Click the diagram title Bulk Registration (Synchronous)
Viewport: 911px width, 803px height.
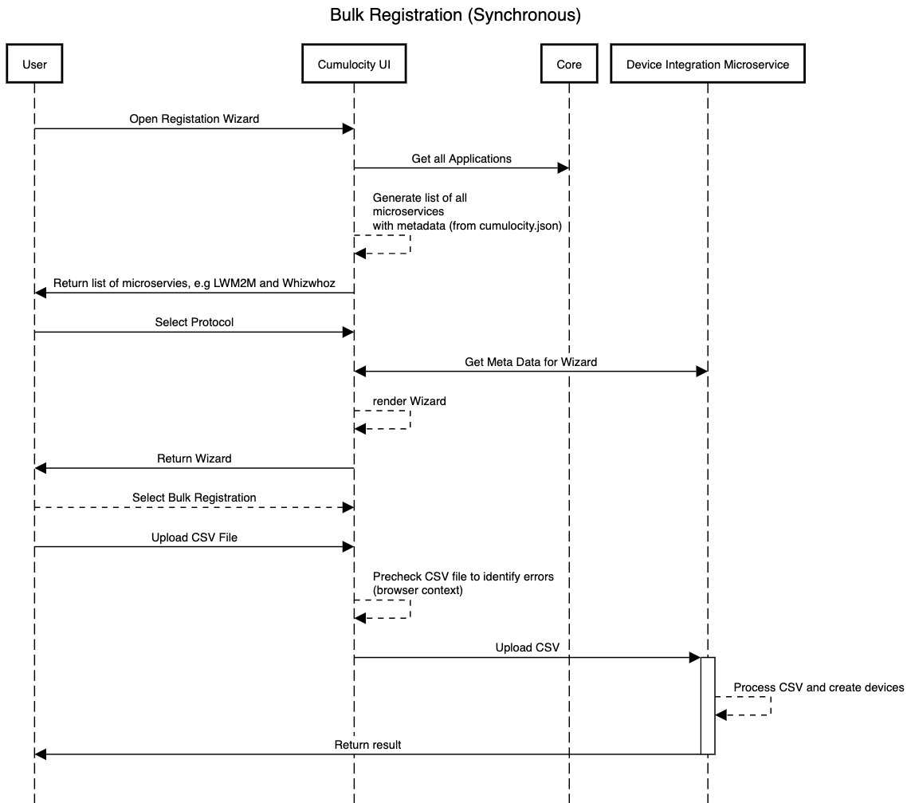(x=455, y=15)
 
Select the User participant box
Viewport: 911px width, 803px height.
(x=34, y=64)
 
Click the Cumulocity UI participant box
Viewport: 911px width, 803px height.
(x=354, y=64)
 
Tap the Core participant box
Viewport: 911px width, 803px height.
(x=569, y=64)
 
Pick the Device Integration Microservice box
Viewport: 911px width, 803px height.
(x=707, y=64)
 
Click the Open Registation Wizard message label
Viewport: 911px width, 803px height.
(x=194, y=119)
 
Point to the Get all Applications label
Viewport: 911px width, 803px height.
(x=461, y=159)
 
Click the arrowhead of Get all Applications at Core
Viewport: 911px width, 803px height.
(x=563, y=168)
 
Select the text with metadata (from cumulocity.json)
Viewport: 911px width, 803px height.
(x=467, y=226)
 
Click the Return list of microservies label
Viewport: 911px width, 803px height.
(x=194, y=283)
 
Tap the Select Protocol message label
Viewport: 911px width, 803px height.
(x=194, y=322)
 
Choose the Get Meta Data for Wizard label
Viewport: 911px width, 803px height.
(x=531, y=361)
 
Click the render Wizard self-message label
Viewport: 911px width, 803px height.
(x=409, y=401)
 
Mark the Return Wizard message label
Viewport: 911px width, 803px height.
(x=194, y=459)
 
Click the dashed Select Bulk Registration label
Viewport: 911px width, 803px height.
(x=194, y=498)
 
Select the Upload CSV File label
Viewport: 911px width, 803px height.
(x=194, y=537)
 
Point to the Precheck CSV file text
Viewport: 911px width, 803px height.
(x=463, y=577)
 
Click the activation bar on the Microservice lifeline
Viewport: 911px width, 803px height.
(x=708, y=706)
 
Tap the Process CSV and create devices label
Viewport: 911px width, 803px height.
(x=819, y=687)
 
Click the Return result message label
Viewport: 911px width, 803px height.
(x=367, y=745)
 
